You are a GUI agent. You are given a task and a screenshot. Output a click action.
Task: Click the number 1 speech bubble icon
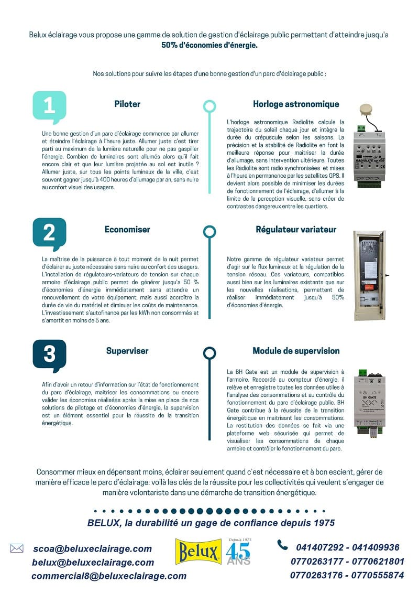[x=49, y=107]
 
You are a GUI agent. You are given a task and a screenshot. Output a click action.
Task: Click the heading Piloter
[x=127, y=104]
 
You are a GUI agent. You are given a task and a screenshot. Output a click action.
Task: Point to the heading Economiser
[x=127, y=229]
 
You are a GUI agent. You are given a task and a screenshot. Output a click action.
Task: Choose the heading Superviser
[x=127, y=351]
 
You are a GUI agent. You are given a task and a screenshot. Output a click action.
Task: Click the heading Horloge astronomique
[x=296, y=104]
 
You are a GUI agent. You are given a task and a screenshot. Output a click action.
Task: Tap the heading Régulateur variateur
[x=296, y=229]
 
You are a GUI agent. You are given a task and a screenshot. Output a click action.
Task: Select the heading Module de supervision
[x=296, y=351]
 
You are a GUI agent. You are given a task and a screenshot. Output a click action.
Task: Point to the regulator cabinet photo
[x=369, y=275]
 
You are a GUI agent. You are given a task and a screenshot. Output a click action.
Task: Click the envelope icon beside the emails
[x=17, y=548]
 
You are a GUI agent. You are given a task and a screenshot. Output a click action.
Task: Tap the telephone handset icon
[x=282, y=545]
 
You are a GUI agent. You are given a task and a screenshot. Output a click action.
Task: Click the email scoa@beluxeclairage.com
[x=92, y=549]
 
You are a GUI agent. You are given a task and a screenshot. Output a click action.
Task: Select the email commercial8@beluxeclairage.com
[x=109, y=576]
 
